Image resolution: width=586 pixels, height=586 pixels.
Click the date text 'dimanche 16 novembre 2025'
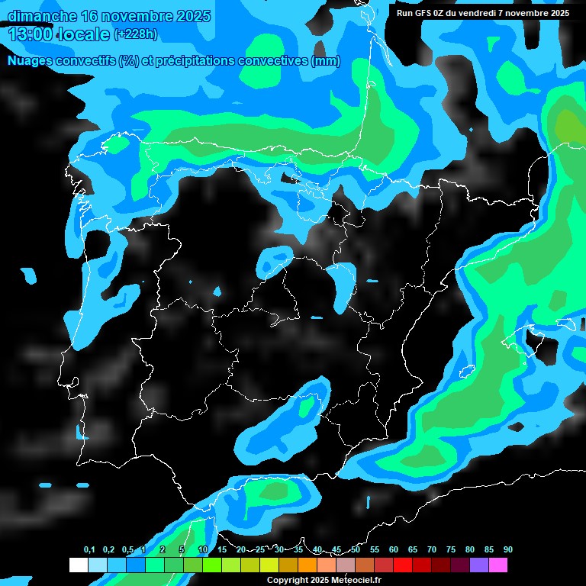coord(109,16)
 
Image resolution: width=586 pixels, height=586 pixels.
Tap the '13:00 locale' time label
coord(60,33)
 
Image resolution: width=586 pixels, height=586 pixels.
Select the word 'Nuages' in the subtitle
coord(31,61)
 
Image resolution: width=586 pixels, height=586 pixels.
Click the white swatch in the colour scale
coord(79,565)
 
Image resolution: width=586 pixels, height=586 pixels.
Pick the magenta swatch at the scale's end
coord(498,565)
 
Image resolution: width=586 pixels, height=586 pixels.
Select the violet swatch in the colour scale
coord(479,565)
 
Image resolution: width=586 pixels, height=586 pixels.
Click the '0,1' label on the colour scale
coord(89,550)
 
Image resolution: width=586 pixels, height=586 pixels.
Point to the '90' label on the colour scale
coord(508,550)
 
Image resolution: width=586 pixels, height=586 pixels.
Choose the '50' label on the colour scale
coord(356,550)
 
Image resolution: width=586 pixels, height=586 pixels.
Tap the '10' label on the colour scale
coord(203,550)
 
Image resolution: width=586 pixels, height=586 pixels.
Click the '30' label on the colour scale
coord(279,550)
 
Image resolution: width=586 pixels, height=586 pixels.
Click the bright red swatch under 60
coord(403,565)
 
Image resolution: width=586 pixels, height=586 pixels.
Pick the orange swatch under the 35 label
coord(307,565)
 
